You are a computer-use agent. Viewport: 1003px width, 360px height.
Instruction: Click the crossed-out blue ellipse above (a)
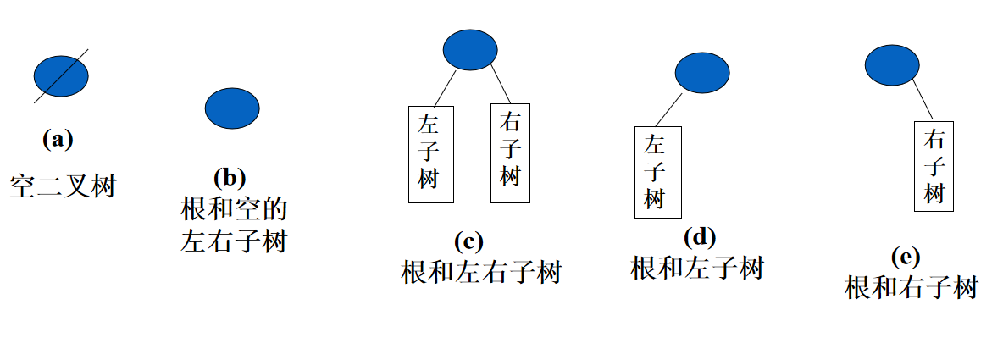[x=61, y=76]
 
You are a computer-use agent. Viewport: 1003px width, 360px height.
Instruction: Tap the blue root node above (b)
[x=232, y=108]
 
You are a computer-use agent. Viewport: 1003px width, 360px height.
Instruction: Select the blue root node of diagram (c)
[x=470, y=49]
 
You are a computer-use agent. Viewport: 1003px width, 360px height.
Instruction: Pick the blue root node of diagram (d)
[x=701, y=73]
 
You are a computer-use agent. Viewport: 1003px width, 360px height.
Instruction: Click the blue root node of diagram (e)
[x=892, y=65]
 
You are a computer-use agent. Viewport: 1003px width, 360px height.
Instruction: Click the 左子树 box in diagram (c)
[x=431, y=154]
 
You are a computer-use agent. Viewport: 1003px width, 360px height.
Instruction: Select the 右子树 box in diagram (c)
[x=510, y=153]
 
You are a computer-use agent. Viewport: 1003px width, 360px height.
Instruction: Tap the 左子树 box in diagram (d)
[x=657, y=171]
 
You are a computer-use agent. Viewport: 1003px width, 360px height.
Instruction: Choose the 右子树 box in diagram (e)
[x=934, y=166]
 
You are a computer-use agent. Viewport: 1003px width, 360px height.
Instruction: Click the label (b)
[x=230, y=177]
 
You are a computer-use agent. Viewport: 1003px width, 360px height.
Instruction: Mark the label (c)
[x=468, y=241]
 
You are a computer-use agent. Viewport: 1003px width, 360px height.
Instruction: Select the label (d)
[x=700, y=236]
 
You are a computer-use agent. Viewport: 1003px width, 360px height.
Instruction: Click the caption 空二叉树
[x=63, y=185]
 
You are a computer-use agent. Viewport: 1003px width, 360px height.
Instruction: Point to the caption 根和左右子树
[x=481, y=273]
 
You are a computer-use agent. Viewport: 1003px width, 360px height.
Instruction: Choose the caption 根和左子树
[x=698, y=269]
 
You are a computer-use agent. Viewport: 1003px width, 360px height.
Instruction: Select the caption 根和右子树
[x=912, y=288]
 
